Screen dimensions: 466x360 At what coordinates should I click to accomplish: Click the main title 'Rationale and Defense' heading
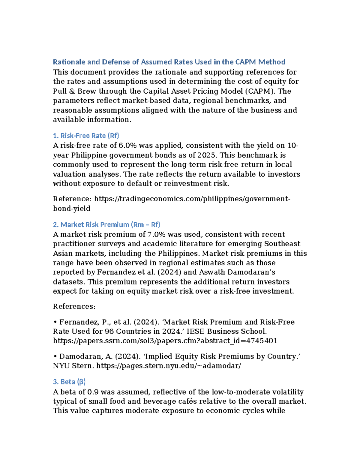pos(169,62)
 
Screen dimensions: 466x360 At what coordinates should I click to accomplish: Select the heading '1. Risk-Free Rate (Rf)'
pos(86,136)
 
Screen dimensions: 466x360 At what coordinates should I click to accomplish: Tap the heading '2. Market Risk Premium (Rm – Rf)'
pos(106,224)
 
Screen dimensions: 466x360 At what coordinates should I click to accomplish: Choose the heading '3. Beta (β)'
pos(69,382)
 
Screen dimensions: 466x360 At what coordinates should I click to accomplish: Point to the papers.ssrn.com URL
pos(165,341)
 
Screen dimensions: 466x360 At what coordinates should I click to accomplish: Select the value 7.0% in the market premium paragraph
pos(156,234)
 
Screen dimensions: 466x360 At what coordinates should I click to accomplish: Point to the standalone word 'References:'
pos(74,306)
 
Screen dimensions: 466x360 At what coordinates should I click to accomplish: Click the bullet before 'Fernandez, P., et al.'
pos(55,322)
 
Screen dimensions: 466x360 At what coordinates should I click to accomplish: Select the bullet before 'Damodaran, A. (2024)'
pos(55,356)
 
